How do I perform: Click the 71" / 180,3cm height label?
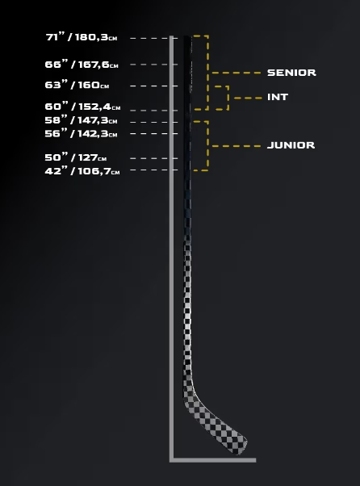[82, 37]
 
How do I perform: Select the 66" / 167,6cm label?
[82, 64]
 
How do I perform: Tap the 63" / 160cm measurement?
[77, 85]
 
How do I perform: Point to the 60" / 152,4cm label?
[82, 107]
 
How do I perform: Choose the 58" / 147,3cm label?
[82, 120]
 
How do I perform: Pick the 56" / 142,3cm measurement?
[82, 133]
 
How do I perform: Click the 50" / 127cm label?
[76, 157]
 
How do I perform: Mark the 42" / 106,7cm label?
[82, 171]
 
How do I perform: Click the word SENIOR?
[291, 73]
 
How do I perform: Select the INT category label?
[278, 97]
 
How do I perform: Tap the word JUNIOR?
[291, 145]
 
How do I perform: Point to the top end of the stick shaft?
[188, 36]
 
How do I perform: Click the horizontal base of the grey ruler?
[213, 460]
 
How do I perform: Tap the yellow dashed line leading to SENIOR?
[237, 73]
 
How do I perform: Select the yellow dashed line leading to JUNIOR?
[237, 146]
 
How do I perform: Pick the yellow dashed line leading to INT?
[248, 98]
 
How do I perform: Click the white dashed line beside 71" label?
[154, 38]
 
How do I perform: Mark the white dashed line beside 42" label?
[154, 170]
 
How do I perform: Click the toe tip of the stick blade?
[246, 442]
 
